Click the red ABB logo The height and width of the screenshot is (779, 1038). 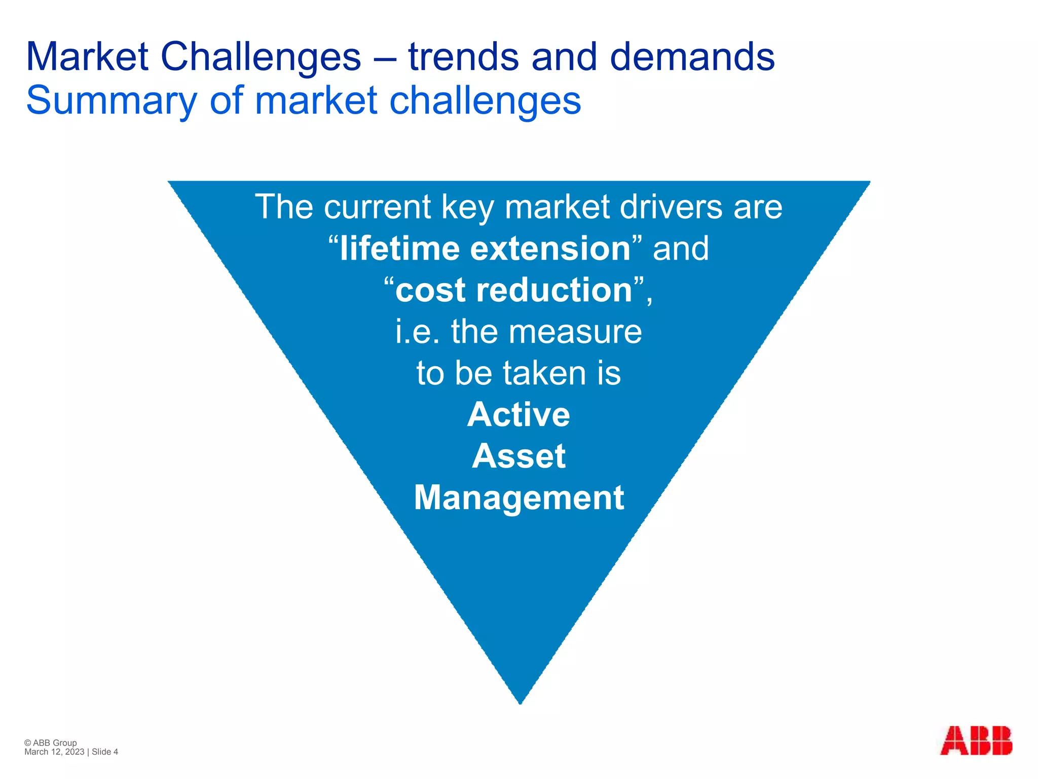[976, 741]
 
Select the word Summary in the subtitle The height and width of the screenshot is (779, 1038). [112, 101]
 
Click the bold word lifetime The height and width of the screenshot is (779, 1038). [400, 249]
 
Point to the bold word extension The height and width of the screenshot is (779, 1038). [550, 249]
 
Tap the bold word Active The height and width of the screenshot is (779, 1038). [518, 415]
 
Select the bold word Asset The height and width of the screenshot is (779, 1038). [518, 456]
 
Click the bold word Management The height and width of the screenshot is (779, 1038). [518, 498]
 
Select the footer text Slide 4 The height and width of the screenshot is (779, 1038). [105, 752]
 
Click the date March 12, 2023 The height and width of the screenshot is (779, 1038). [54, 752]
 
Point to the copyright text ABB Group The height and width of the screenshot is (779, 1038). [55, 743]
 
